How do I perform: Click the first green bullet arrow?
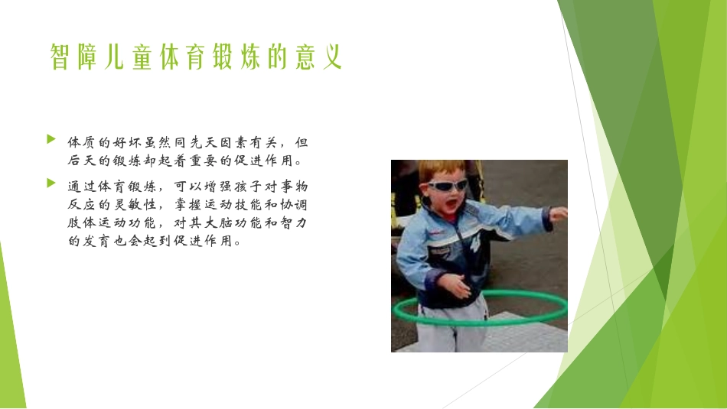[51, 140]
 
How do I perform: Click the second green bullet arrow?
[51, 183]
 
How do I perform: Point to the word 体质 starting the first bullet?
[83, 142]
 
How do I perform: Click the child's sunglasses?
[447, 185]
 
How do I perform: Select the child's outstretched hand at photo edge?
[559, 213]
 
